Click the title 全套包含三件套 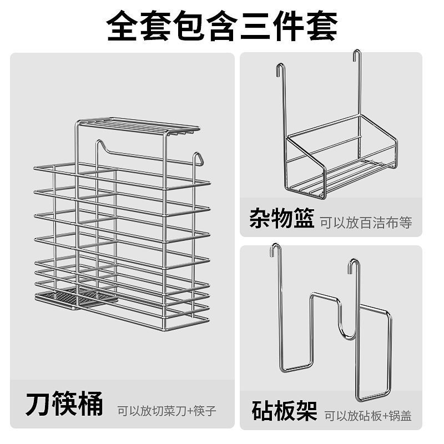222,25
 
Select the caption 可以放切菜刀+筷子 166,411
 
